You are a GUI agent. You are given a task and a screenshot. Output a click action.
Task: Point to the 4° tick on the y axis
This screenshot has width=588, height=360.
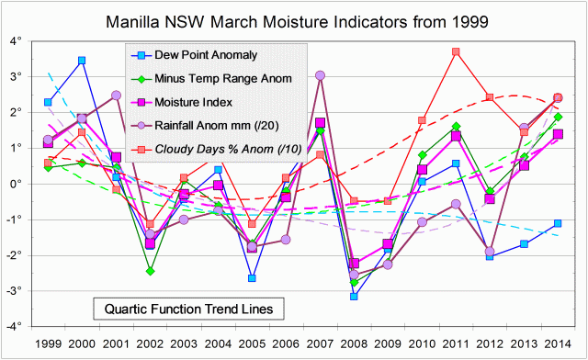point(16,41)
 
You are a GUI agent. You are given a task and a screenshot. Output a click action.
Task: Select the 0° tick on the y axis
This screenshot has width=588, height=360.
point(16,184)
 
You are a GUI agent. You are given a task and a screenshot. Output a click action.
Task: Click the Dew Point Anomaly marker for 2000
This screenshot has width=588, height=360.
point(82,61)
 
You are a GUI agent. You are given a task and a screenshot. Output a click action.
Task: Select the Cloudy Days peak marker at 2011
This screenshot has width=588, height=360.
point(456,51)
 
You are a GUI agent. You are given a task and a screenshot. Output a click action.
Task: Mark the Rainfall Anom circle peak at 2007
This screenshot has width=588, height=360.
point(320,75)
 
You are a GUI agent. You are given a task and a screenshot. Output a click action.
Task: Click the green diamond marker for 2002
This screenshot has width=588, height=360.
point(150,271)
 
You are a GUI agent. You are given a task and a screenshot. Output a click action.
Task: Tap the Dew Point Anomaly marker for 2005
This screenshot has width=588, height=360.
point(252,277)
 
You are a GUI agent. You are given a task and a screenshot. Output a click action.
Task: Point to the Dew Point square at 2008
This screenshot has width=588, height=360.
point(354,296)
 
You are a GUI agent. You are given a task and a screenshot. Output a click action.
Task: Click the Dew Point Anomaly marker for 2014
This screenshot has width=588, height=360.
point(558,223)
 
